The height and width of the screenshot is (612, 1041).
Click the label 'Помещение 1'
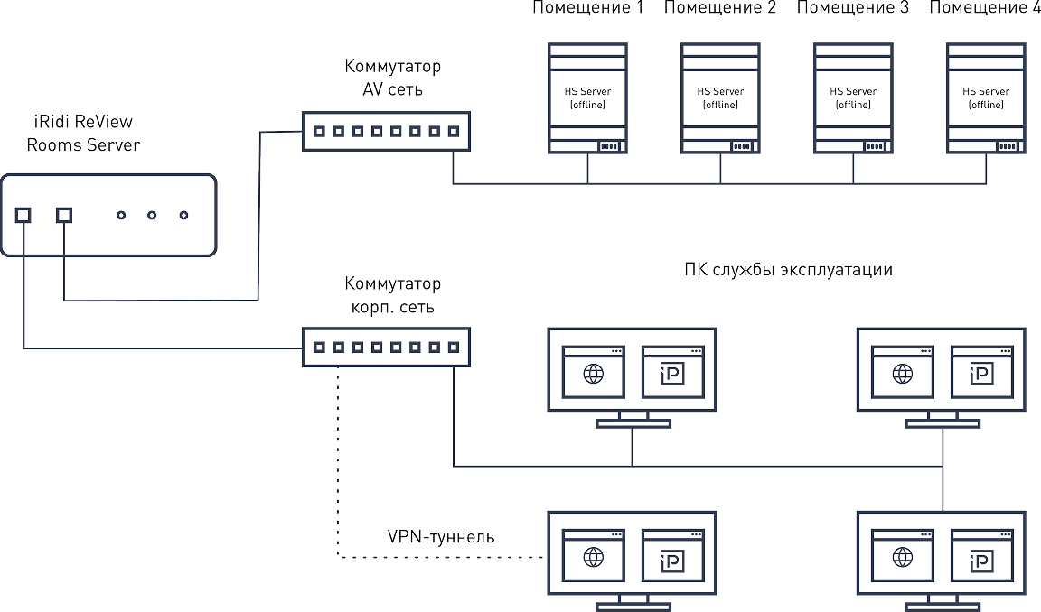click(587, 8)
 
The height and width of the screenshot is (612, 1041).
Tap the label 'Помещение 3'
click(852, 8)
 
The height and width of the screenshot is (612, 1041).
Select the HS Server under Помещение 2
click(720, 98)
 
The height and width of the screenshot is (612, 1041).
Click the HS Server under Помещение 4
click(986, 98)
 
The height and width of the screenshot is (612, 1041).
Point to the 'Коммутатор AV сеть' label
click(392, 78)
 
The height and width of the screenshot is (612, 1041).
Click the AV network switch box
click(387, 131)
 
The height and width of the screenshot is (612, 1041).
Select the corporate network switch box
click(387, 347)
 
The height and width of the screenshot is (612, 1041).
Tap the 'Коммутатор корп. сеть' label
click(392, 295)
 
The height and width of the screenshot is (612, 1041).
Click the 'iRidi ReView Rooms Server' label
click(83, 134)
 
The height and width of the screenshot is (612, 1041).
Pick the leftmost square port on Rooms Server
click(23, 215)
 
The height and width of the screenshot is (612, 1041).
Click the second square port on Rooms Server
click(64, 215)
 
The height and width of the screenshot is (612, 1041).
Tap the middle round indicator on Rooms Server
click(152, 215)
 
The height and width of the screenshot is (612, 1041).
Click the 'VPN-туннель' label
click(441, 536)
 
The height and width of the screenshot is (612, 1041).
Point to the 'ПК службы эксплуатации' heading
click(788, 270)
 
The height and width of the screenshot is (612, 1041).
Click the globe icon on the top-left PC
click(594, 374)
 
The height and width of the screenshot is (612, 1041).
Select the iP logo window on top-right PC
click(982, 372)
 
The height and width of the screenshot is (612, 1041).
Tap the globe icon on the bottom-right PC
click(903, 558)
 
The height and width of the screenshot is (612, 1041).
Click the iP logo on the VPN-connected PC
click(672, 561)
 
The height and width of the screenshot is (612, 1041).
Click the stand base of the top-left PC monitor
click(633, 423)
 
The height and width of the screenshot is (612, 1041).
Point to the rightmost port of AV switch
click(454, 131)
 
